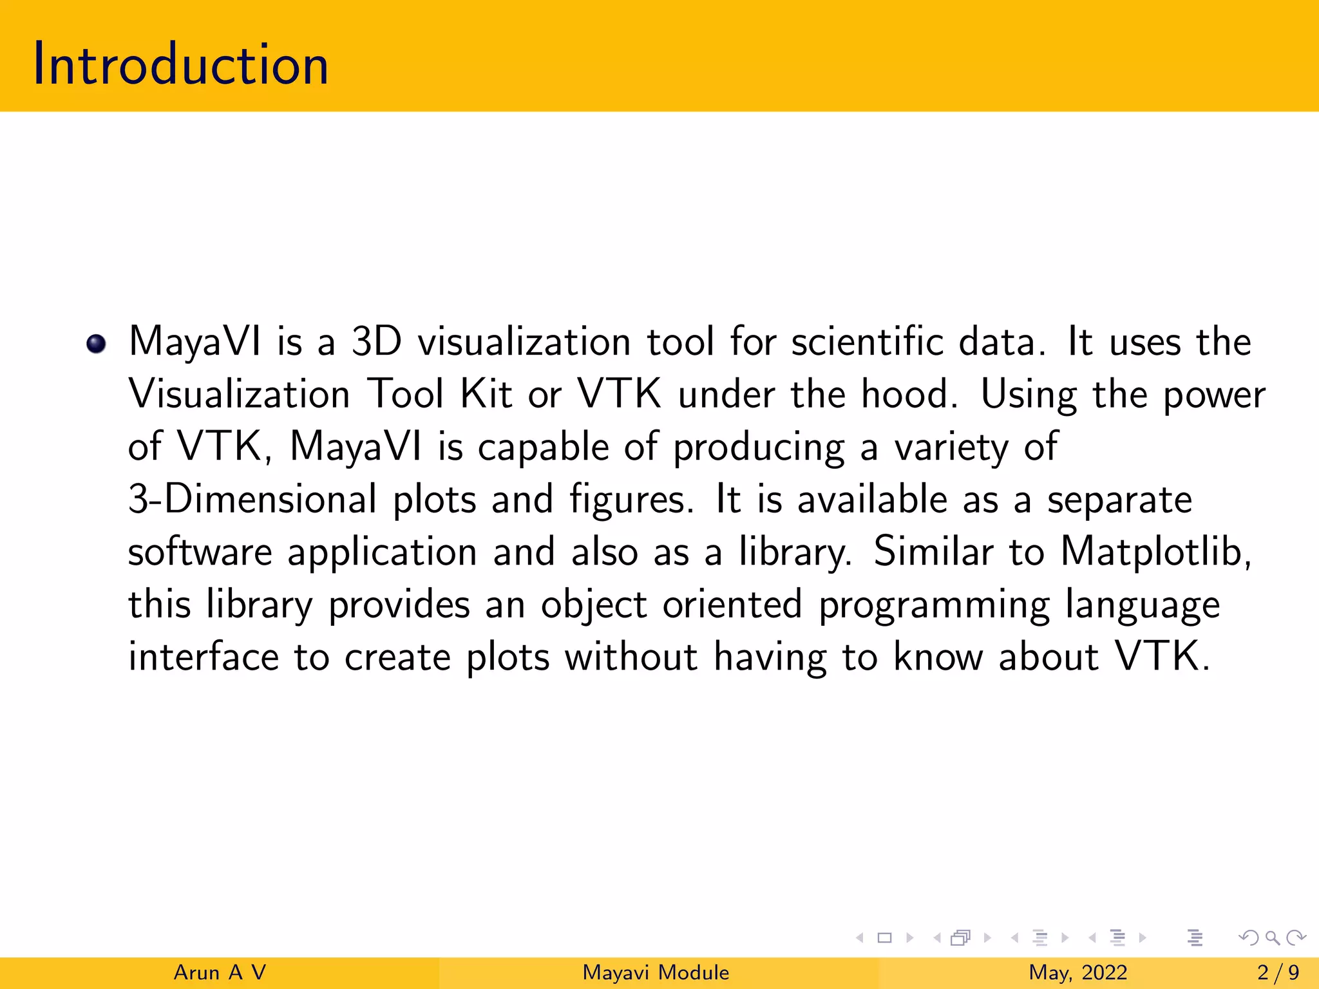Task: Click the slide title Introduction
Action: pyautogui.click(x=181, y=64)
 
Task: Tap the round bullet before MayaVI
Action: pyautogui.click(x=96, y=344)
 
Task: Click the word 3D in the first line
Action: pyautogui.click(x=377, y=341)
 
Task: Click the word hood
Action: pyautogui.click(x=908, y=394)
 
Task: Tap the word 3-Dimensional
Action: pyautogui.click(x=252, y=500)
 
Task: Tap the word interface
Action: pyautogui.click(x=203, y=657)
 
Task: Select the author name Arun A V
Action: pyautogui.click(x=220, y=972)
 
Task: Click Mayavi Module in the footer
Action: pyautogui.click(x=656, y=972)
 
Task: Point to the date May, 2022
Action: pyautogui.click(x=1077, y=972)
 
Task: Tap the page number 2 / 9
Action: pyautogui.click(x=1278, y=972)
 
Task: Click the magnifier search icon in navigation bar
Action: pyautogui.click(x=1272, y=938)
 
